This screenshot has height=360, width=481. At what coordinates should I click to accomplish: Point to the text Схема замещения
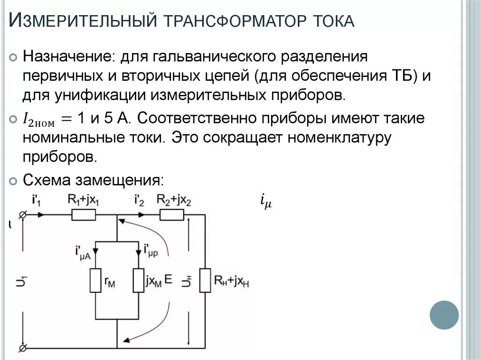click(93, 180)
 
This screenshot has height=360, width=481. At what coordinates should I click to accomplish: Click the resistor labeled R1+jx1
click(84, 215)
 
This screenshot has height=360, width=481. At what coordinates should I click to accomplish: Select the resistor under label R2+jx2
click(171, 215)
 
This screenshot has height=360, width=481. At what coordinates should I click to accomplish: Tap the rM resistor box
click(95, 280)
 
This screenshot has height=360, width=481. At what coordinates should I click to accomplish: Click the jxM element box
click(139, 280)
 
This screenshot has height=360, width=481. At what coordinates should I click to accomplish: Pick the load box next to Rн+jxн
click(205, 280)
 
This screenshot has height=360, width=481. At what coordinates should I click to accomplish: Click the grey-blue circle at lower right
click(444, 315)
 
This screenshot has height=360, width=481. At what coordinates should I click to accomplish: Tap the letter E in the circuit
click(169, 279)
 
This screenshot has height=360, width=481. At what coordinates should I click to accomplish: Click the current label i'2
click(139, 200)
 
